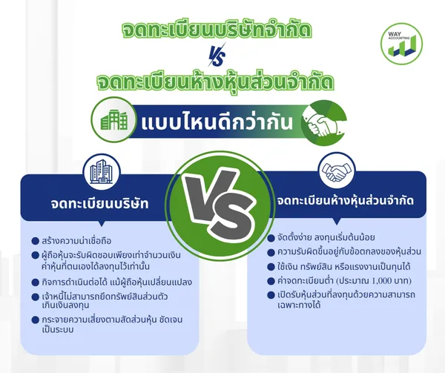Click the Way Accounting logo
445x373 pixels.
(401, 44)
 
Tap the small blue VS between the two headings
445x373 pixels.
(217, 55)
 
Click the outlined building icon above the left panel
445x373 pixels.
(101, 171)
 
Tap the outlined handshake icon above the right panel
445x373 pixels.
(336, 171)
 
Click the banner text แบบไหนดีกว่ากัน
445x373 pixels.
(217, 123)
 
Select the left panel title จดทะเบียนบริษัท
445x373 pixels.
(100, 203)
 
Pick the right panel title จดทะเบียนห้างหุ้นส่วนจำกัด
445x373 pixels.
(346, 200)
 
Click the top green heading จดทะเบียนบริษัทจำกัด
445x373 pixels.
(217, 30)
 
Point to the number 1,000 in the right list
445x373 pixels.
(383, 281)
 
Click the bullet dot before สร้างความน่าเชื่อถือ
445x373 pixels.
(35, 241)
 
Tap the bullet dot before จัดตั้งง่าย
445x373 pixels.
(271, 238)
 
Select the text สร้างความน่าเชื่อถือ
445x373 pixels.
(76, 241)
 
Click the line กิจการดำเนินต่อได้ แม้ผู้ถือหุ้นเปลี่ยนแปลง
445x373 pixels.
(116, 283)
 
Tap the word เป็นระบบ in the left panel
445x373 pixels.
(58, 329)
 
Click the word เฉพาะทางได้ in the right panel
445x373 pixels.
(299, 305)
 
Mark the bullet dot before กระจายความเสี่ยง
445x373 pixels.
(35, 320)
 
